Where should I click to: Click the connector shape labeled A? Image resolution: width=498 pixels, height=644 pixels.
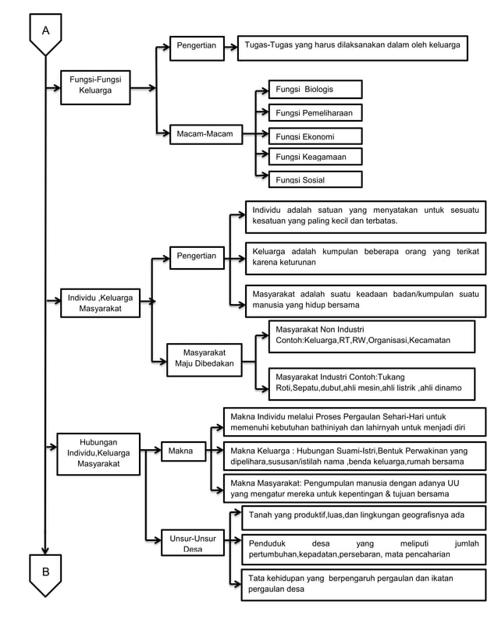click(45, 34)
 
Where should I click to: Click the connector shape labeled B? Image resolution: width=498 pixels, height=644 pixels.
click(45, 573)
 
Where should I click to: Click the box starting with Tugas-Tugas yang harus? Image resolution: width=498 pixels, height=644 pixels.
click(352, 46)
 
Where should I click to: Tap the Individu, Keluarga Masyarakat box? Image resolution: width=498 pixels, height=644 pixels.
click(100, 303)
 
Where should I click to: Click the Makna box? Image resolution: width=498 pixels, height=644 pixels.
click(181, 451)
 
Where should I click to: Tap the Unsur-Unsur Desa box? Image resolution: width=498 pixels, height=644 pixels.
click(192, 543)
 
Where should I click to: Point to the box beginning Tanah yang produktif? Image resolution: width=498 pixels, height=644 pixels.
click(363, 516)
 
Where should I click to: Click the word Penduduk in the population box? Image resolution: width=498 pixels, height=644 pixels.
click(269, 543)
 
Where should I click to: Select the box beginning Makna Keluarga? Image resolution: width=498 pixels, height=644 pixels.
click(354, 456)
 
